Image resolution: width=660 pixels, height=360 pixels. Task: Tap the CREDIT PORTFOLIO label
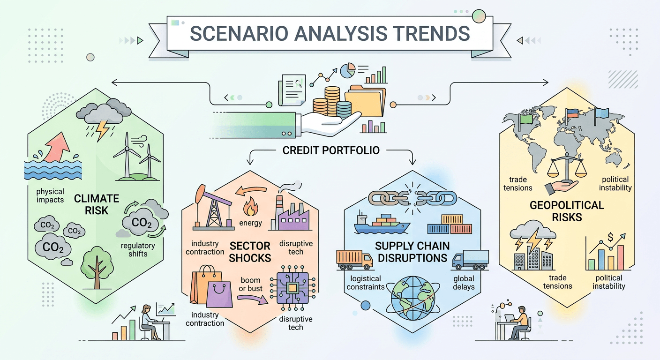(x=331, y=151)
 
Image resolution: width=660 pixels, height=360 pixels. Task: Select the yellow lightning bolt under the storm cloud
(x=102, y=131)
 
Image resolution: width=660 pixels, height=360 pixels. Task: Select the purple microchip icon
(x=292, y=288)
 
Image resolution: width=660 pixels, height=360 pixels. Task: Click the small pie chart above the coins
(x=347, y=71)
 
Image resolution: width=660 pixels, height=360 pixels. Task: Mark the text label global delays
(x=464, y=283)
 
